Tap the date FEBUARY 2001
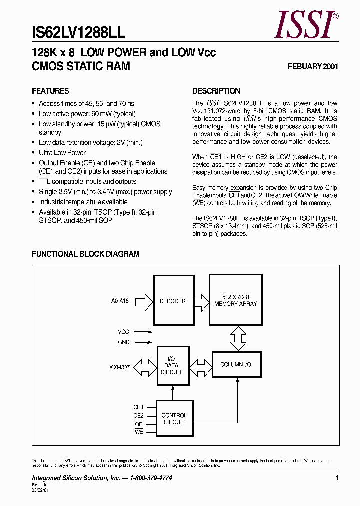[x=313, y=67]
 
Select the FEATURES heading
[x=50, y=91]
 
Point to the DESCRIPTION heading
[x=216, y=91]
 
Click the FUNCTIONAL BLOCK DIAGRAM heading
[x=86, y=254]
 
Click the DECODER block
[x=172, y=301]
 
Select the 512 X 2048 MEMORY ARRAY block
[x=235, y=300]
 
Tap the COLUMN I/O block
[x=235, y=365]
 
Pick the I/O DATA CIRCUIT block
[x=172, y=365]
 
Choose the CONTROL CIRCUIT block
[x=174, y=419]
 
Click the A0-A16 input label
[x=120, y=301]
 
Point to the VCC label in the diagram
[x=123, y=331]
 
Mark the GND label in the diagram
[x=124, y=342]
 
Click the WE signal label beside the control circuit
[x=139, y=432]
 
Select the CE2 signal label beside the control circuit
[x=138, y=415]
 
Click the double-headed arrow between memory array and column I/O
[x=238, y=338]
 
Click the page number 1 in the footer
[x=337, y=478]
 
